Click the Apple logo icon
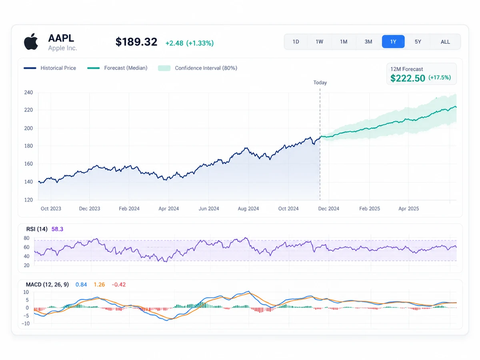[x=31, y=42]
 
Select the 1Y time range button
[x=393, y=42]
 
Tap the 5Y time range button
[x=418, y=42]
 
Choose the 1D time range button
[x=296, y=42]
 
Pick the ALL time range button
[x=445, y=42]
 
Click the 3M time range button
[x=368, y=42]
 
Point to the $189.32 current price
[x=136, y=42]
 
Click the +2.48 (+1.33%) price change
[x=189, y=43]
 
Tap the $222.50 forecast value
[x=408, y=78]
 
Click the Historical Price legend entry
[x=50, y=68]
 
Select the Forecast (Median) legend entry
[x=117, y=68]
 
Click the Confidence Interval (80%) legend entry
[x=198, y=68]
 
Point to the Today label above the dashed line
[x=320, y=82]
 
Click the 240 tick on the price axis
[x=28, y=92]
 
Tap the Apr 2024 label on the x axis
[x=169, y=208]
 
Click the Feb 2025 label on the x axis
[x=370, y=208]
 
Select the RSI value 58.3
[x=57, y=229]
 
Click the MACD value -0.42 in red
[x=118, y=284]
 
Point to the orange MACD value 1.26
[x=99, y=284]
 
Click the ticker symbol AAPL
[x=61, y=38]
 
